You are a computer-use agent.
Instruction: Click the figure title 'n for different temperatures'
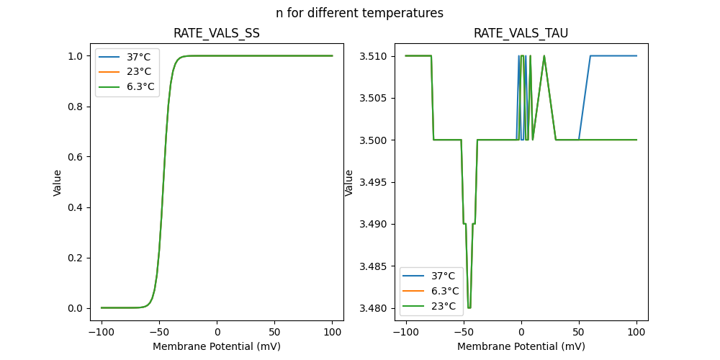359,13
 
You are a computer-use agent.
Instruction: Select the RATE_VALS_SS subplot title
217,33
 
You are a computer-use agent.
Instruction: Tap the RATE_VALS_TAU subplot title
521,33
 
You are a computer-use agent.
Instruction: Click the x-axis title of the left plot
217,346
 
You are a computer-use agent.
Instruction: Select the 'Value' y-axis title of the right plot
349,182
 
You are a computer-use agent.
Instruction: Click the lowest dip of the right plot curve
469,307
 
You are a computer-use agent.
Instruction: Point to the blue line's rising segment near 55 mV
585,97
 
